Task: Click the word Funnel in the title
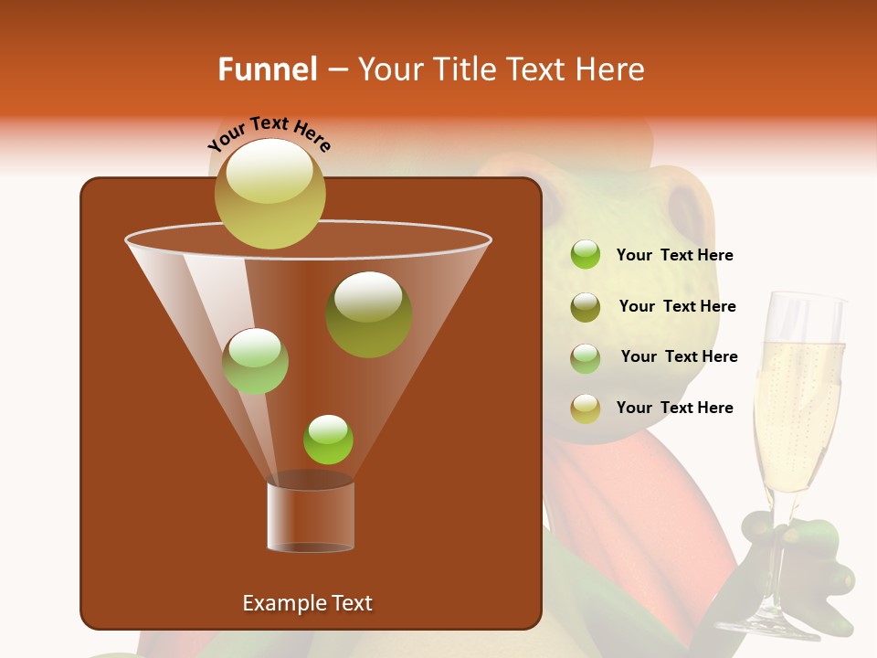click(267, 69)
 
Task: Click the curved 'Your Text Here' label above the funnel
click(269, 133)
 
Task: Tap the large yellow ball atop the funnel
click(269, 193)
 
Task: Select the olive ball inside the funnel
click(368, 313)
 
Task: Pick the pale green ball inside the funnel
click(255, 361)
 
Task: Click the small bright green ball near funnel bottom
click(328, 439)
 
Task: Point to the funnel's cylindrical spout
click(311, 516)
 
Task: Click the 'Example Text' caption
click(307, 603)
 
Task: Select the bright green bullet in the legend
click(586, 255)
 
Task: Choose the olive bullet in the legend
click(586, 306)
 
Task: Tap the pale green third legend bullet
click(586, 357)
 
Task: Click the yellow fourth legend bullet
click(586, 409)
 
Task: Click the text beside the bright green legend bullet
click(674, 256)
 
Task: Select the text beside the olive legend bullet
click(677, 307)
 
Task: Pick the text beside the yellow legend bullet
click(674, 409)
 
